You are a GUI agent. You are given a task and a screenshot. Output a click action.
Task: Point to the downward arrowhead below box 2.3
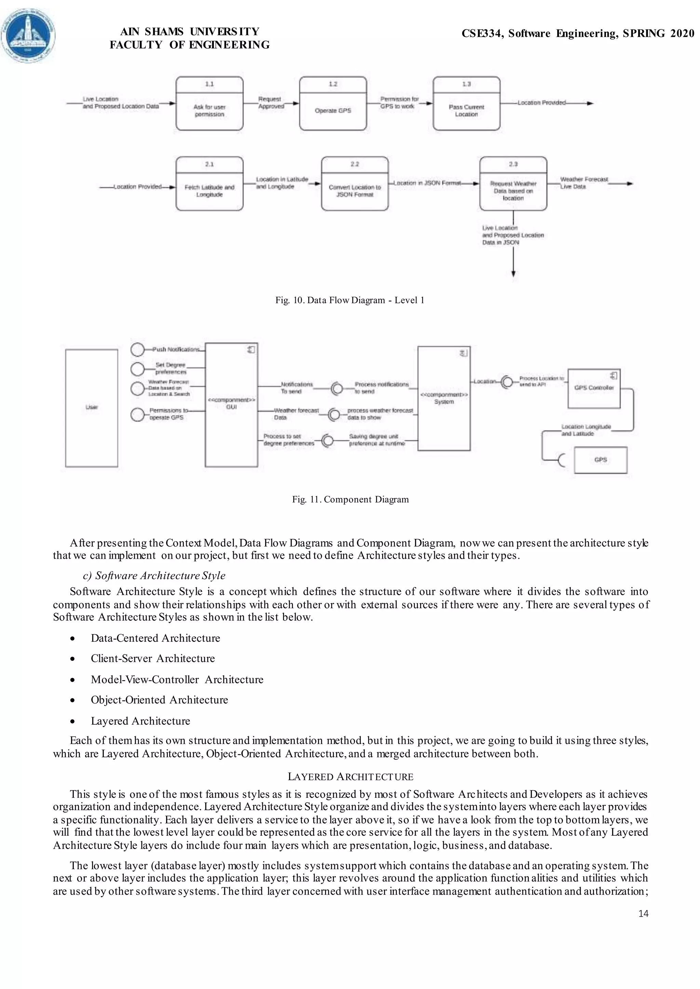click(x=513, y=274)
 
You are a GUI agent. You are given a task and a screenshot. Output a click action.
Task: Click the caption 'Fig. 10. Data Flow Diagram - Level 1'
click(x=350, y=300)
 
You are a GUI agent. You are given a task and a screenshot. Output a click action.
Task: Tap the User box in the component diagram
click(x=91, y=408)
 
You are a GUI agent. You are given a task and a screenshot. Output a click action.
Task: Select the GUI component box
click(x=231, y=405)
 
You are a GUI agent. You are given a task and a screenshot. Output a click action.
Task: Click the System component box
click(x=444, y=399)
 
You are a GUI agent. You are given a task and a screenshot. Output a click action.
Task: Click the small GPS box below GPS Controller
click(x=601, y=460)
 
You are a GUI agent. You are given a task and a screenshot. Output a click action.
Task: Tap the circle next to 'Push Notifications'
click(x=137, y=349)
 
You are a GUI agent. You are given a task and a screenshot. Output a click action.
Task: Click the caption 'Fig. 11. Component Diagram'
click(x=350, y=499)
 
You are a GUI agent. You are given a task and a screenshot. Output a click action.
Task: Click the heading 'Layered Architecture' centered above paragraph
click(x=350, y=777)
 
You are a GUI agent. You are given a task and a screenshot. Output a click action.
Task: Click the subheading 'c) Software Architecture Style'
click(x=154, y=575)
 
